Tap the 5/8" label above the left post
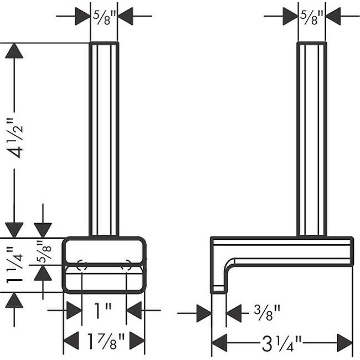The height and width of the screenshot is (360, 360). click(x=104, y=17)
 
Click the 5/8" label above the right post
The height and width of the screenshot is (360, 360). click(x=312, y=17)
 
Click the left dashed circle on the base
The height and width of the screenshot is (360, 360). click(x=81, y=265)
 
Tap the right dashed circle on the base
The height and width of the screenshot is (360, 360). click(x=127, y=265)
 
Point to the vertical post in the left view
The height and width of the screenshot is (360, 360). click(x=104, y=138)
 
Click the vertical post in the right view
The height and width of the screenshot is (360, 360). click(x=312, y=138)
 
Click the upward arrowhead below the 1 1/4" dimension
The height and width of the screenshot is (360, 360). click(x=14, y=301)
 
